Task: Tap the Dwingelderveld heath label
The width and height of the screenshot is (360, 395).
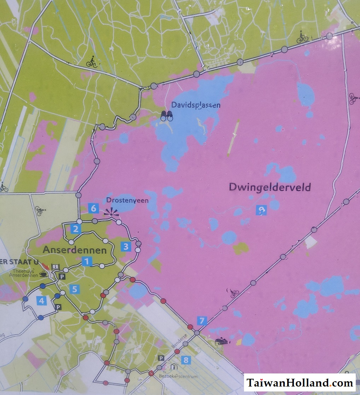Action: pyautogui.click(x=270, y=187)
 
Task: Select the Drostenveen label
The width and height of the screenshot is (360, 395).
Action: pyautogui.click(x=127, y=200)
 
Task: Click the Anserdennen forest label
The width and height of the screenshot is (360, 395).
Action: pyautogui.click(x=75, y=250)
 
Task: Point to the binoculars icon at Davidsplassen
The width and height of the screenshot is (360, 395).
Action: pyautogui.click(x=167, y=116)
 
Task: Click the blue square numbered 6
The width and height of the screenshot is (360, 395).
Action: pyautogui.click(x=93, y=208)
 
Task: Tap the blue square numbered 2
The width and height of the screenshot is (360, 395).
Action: pyautogui.click(x=75, y=229)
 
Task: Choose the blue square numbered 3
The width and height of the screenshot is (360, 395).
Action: pyautogui.click(x=126, y=246)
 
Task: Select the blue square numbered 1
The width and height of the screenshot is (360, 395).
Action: pyautogui.click(x=87, y=261)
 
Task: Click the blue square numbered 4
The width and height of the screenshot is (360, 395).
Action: pyautogui.click(x=42, y=301)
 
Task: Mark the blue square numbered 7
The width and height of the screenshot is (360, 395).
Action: pyautogui.click(x=202, y=321)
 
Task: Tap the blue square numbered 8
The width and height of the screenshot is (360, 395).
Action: pyautogui.click(x=185, y=360)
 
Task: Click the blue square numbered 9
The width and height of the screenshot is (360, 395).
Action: pyautogui.click(x=262, y=211)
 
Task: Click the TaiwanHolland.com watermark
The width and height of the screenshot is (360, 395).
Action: pyautogui.click(x=300, y=383)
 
